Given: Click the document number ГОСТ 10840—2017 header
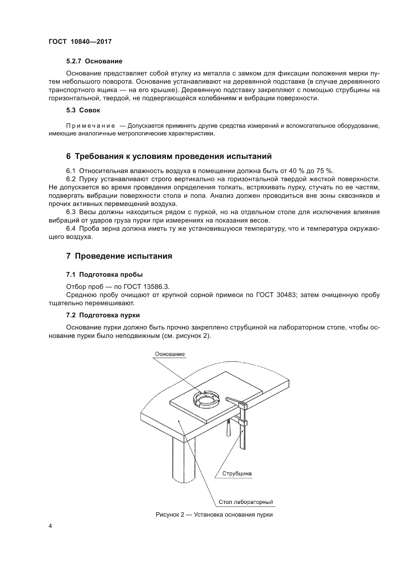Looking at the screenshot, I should (x=80, y=42).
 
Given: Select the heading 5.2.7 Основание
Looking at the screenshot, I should (x=94, y=61).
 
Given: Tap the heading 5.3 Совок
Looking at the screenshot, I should (x=83, y=110).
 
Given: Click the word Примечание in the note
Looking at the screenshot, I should (x=91, y=126).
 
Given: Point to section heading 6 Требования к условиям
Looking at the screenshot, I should (x=169, y=156).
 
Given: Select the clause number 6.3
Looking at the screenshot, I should (x=71, y=212).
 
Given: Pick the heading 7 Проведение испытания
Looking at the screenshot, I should (x=119, y=256).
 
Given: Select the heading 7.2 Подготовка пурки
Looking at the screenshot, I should (x=103, y=315).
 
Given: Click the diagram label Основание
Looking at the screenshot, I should (x=169, y=354).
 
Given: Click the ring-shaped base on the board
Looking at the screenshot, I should (x=206, y=399).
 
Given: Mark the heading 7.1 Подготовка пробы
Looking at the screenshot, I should (x=104, y=275).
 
